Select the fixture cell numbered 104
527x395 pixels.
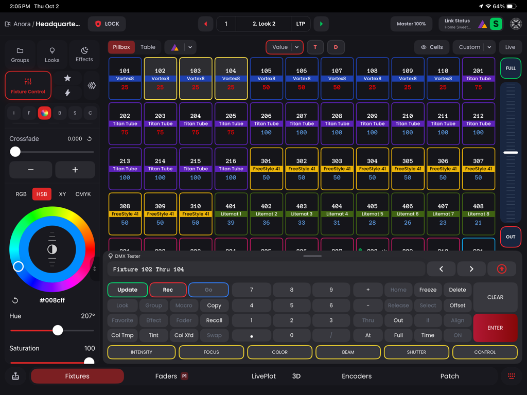click(231, 79)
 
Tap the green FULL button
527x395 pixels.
click(510, 68)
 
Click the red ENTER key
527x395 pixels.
click(495, 328)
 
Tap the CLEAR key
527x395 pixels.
click(495, 297)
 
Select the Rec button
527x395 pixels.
click(168, 290)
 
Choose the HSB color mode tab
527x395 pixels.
click(42, 194)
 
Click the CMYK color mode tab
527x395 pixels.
click(83, 194)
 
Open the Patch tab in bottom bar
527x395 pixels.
click(449, 376)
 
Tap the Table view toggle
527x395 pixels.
click(148, 47)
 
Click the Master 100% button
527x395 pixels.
click(411, 24)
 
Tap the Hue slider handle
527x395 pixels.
click(58, 330)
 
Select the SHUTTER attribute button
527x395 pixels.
click(416, 352)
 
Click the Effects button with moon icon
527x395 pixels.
click(84, 54)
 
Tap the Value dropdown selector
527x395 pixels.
click(284, 47)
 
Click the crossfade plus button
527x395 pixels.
click(75, 170)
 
